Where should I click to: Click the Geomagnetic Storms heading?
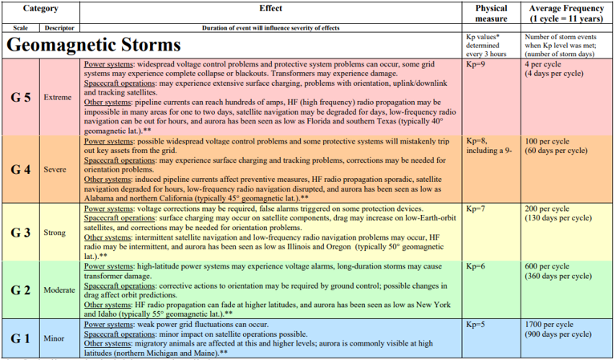pos(93,45)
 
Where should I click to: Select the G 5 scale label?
pos(21,98)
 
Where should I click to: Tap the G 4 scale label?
pos(21,170)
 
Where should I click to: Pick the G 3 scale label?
pos(21,233)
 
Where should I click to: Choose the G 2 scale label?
pos(21,289)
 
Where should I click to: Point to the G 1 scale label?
pos(21,338)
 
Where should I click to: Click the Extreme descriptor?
pos(59,98)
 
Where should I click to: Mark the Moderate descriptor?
pos(59,289)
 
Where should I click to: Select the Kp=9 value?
pos(476,63)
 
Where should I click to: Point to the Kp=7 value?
pos(476,208)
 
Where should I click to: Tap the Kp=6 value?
pos(476,266)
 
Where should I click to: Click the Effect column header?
pos(270,8)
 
